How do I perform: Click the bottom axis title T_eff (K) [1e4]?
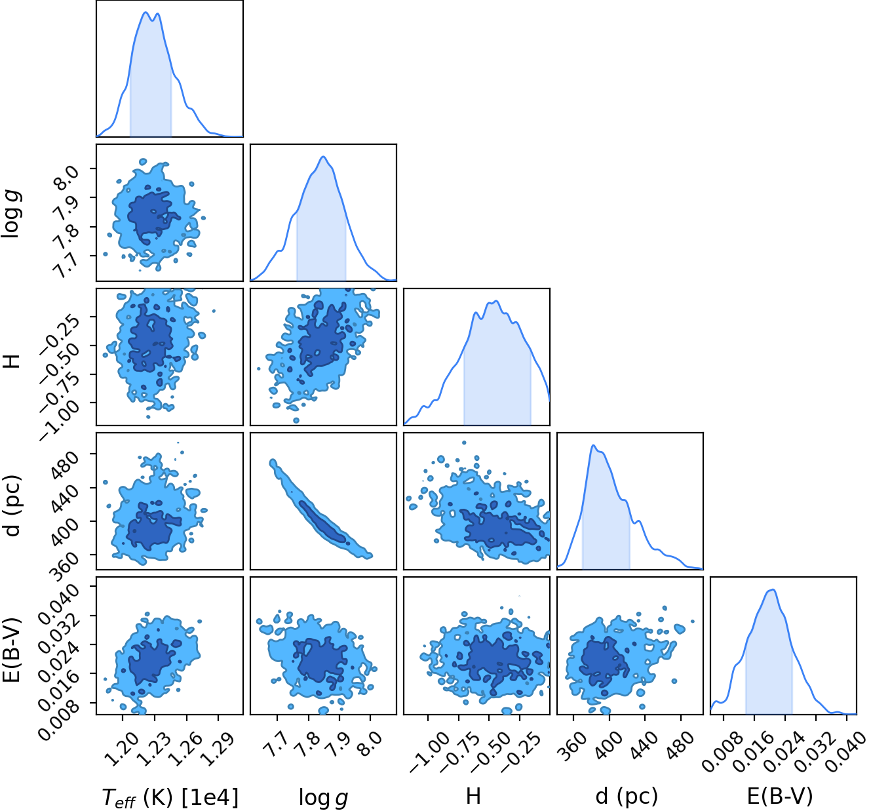point(170,797)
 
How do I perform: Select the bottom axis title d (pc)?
point(627,795)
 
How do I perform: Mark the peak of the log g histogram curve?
point(323,157)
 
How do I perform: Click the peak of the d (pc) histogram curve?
point(593,445)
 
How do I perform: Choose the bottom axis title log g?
point(323,797)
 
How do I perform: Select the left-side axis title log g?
point(12,214)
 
